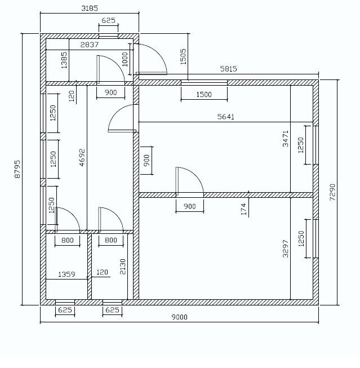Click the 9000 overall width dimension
(179, 317)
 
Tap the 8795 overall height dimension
(17, 169)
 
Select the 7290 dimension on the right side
(332, 192)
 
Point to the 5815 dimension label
(228, 69)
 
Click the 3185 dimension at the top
(90, 8)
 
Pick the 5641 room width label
(226, 117)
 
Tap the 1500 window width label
(204, 95)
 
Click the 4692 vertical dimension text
(82, 157)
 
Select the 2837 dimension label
(90, 45)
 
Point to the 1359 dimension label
(66, 274)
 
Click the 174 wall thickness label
(244, 209)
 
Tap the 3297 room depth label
(286, 249)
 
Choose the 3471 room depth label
(286, 139)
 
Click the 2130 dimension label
(123, 267)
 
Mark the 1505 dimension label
(183, 57)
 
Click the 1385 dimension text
(64, 60)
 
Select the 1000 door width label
(125, 59)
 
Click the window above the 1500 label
(204, 83)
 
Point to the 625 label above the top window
(108, 20)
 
